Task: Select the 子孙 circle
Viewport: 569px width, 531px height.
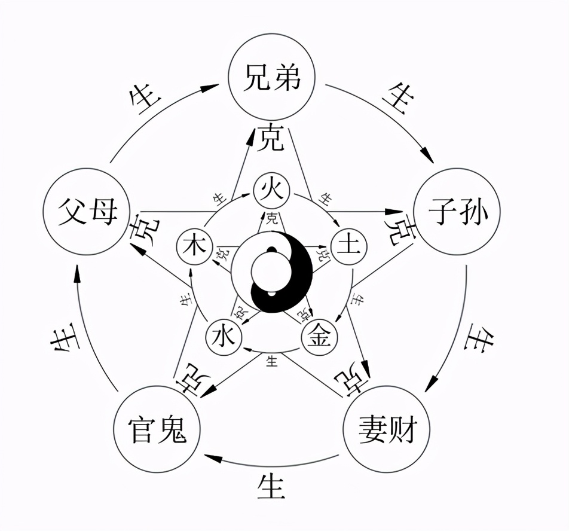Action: click(x=457, y=212)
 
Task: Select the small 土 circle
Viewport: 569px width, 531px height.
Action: click(x=348, y=246)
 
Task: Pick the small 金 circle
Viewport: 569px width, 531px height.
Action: click(x=319, y=338)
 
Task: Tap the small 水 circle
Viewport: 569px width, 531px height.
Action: click(x=224, y=338)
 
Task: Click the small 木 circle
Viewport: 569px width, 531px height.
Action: click(x=195, y=246)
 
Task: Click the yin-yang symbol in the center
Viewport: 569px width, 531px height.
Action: click(x=272, y=272)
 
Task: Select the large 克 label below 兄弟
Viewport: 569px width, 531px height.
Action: click(x=272, y=139)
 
